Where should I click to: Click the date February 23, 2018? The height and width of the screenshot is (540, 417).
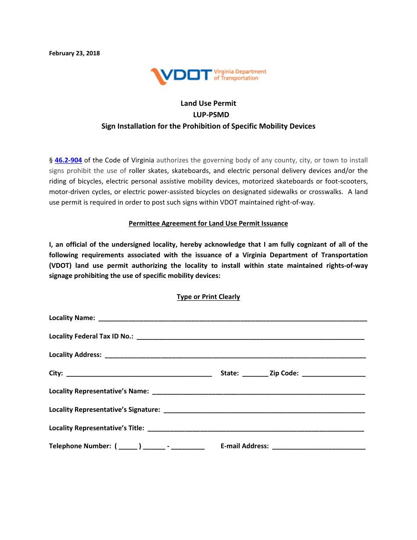tap(74, 53)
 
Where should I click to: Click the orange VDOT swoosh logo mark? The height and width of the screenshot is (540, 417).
tap(158, 76)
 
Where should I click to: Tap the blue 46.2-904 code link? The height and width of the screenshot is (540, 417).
tap(68, 160)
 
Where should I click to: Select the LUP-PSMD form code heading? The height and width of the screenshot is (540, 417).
tap(208, 115)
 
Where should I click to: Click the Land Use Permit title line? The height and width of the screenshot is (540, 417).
tap(208, 103)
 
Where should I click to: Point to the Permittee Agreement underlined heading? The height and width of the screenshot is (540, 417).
tap(208, 223)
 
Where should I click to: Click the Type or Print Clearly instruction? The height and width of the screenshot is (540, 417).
tap(208, 297)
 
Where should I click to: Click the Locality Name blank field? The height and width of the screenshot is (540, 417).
tap(233, 318)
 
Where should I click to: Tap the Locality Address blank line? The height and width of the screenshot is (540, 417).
tap(235, 355)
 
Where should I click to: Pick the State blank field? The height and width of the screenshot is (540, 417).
tap(255, 374)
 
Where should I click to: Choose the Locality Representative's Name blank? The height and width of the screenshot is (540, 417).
tap(259, 392)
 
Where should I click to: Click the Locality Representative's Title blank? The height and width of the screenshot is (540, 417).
tap(256, 428)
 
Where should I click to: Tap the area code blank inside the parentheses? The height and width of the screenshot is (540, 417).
tap(128, 446)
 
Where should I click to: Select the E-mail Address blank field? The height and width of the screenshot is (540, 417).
tap(319, 446)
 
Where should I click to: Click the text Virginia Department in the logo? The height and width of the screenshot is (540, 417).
tap(240, 72)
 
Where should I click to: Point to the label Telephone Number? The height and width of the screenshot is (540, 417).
tap(80, 446)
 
